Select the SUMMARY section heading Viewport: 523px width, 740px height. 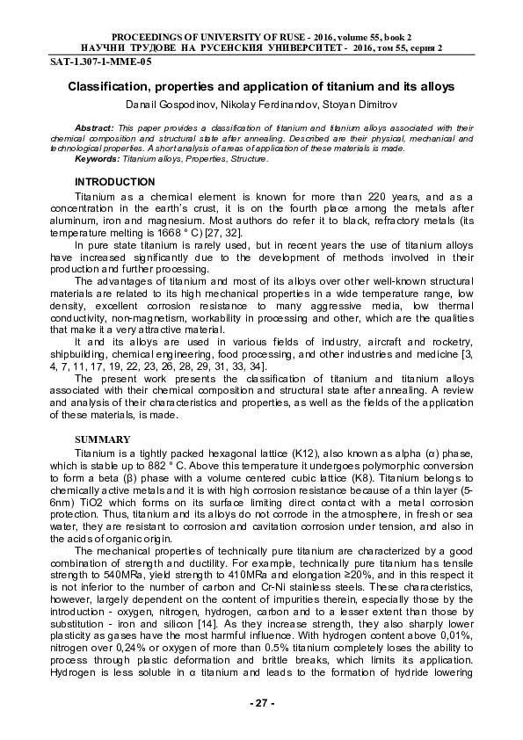click(103, 439)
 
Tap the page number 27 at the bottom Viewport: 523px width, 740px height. click(262, 703)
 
